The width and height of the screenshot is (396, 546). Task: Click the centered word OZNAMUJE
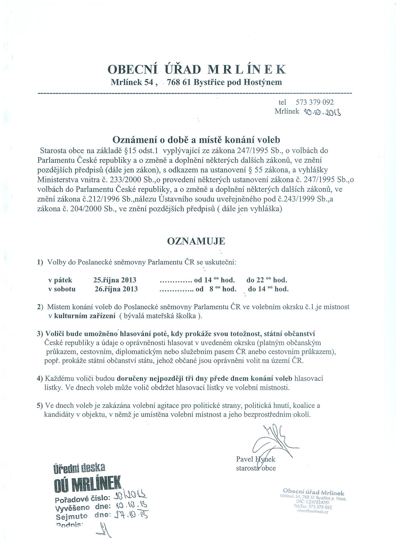[x=196, y=241]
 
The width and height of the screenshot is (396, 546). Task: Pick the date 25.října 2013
[x=115, y=280]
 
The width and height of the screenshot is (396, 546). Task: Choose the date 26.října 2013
[x=116, y=289]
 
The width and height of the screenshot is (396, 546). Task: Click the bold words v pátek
[x=60, y=280]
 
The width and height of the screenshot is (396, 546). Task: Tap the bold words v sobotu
[x=62, y=289]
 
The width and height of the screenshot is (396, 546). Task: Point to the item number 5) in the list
[x=40, y=406]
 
